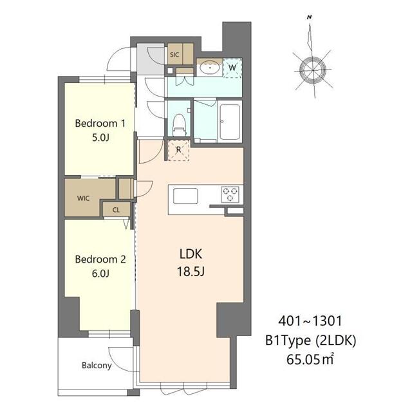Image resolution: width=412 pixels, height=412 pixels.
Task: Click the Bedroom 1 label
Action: click(100, 123)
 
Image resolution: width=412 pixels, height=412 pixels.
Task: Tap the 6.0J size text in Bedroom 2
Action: click(100, 274)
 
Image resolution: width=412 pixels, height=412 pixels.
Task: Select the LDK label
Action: click(191, 254)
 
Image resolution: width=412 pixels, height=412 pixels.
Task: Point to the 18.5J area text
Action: click(191, 272)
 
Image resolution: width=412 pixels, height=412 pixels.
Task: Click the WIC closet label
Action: click(83, 198)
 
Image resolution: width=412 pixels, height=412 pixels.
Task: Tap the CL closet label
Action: click(116, 210)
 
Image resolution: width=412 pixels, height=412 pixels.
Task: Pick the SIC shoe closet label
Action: click(174, 55)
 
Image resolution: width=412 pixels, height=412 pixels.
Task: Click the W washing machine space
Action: click(232, 68)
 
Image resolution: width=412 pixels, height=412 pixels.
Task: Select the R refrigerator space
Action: click(179, 150)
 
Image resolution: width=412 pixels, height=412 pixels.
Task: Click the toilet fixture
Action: click(180, 124)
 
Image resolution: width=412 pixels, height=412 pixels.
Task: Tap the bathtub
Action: click(230, 122)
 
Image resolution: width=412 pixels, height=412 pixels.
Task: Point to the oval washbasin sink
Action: click(210, 68)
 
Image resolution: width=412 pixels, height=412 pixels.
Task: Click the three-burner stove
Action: click(230, 194)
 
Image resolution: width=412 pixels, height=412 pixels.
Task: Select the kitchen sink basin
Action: click(185, 196)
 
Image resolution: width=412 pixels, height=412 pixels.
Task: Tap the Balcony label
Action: click(97, 366)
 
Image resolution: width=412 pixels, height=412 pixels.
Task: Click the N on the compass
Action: click(309, 17)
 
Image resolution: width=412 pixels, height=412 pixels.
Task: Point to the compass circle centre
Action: click(313, 70)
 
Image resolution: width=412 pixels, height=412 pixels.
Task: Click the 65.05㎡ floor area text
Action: click(310, 359)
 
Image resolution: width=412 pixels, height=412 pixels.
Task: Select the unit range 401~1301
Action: click(310, 321)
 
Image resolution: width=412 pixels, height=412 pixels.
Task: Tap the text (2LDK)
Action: click(336, 341)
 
